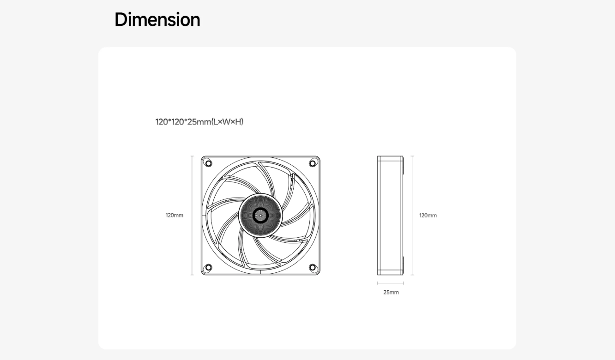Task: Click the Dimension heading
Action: (x=157, y=20)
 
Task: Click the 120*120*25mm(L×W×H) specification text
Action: (x=199, y=121)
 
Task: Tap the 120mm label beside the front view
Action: (x=175, y=216)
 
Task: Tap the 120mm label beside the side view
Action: (x=428, y=216)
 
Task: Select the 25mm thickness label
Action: (x=391, y=292)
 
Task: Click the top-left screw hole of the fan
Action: (x=208, y=163)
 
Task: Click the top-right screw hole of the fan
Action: (x=313, y=163)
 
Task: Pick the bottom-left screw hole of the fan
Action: (x=208, y=267)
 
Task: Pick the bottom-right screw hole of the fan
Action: (x=313, y=267)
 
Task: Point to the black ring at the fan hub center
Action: (x=260, y=208)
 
